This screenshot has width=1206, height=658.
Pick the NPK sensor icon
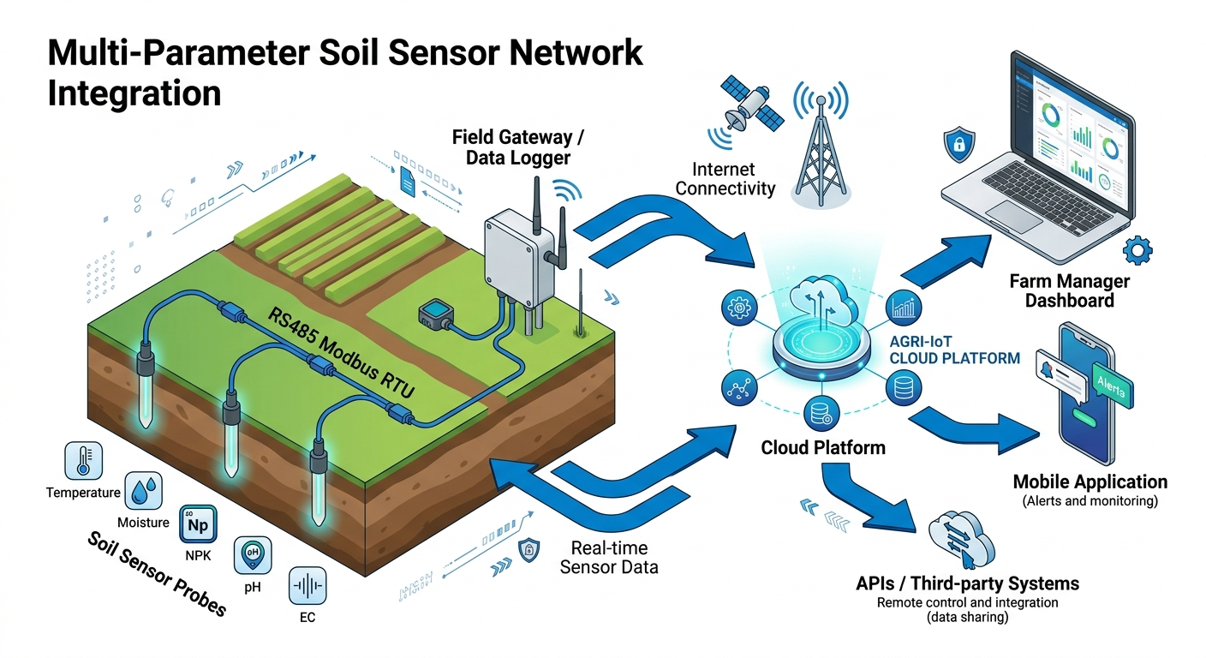coord(198,524)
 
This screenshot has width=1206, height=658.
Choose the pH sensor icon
coord(252,555)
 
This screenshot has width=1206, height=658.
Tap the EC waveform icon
coord(308,586)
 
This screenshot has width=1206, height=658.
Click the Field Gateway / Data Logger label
coord(512,147)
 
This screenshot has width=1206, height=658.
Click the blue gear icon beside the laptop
coord(1137,250)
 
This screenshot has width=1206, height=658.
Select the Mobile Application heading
coord(1090,482)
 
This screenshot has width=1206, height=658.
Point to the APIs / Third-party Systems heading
coord(967,583)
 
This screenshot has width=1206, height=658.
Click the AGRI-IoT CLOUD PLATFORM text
coord(954,350)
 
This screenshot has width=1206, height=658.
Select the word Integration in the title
coord(134,93)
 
